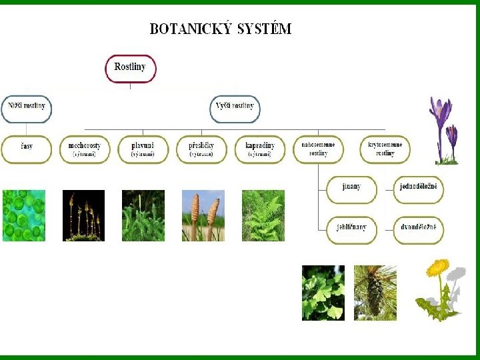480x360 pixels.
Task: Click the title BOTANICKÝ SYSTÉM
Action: coord(220,29)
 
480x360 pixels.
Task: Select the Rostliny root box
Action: coord(130,68)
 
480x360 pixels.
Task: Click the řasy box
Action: coord(27,149)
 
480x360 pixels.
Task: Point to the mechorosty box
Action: coord(85,149)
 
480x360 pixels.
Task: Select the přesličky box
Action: coord(201,149)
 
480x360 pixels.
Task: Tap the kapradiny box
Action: coord(259,149)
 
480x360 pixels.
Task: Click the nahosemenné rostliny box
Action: coord(318,149)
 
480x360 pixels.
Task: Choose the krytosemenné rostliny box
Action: coord(385,149)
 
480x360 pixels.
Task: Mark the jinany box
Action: coord(351,189)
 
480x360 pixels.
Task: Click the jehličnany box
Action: coord(351,230)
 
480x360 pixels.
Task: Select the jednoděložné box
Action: coord(418,189)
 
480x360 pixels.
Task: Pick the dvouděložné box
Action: coord(418,230)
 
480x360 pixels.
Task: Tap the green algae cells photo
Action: coord(24,215)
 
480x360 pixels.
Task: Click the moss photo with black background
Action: coord(83,215)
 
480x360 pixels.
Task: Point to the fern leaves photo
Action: coord(263,215)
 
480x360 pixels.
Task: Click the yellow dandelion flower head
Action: coord(437,267)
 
